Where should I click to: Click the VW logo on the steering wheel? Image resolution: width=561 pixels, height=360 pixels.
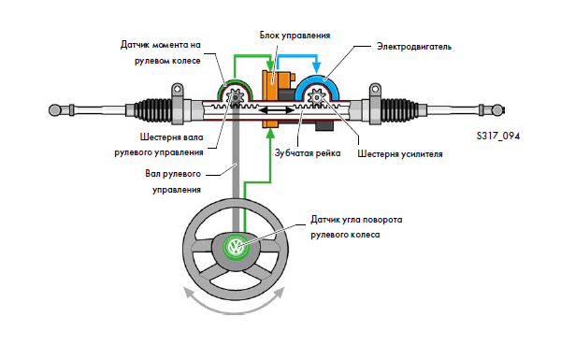[236, 247]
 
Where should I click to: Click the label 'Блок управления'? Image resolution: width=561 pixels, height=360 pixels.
[295, 36]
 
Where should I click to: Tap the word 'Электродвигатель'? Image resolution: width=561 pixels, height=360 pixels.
[414, 47]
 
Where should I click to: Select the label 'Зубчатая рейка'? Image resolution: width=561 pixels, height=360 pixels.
[308, 153]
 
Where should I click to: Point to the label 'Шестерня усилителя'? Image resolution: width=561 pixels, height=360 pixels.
[400, 154]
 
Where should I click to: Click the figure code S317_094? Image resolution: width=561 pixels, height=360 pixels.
[498, 136]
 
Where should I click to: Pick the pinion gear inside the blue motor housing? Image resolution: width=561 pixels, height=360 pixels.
[316, 97]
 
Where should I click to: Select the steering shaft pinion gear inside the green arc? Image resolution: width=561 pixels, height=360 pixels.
[236, 97]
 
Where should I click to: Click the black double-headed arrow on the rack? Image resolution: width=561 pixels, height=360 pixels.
[276, 110]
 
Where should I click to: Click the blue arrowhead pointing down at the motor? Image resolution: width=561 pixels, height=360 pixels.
[316, 67]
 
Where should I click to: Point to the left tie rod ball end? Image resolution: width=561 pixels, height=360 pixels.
[54, 109]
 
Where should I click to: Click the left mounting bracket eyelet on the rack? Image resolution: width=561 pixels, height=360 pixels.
[177, 89]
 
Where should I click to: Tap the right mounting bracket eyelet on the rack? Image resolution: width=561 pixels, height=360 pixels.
[375, 89]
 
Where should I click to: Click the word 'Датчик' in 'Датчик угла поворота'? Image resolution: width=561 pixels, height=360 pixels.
[323, 220]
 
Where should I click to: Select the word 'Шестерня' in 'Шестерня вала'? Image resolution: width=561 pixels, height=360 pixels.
[157, 137]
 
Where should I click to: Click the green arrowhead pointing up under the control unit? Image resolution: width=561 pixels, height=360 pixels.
[271, 134]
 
